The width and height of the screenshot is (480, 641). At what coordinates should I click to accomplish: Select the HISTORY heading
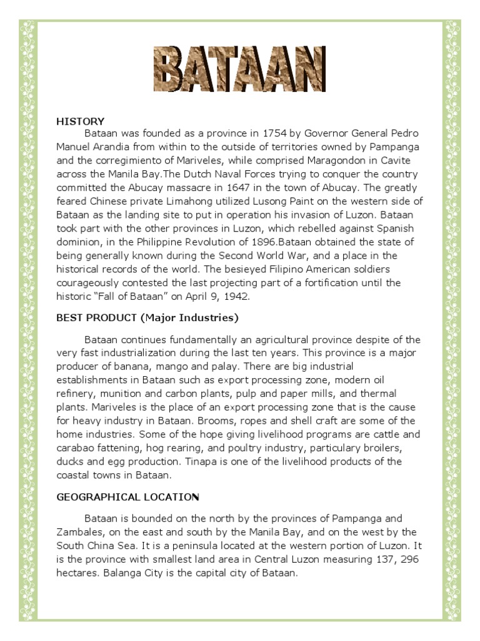[81, 121]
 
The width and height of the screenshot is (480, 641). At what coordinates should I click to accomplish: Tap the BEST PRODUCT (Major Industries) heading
[147, 317]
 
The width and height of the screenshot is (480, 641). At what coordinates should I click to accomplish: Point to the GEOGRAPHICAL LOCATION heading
[127, 496]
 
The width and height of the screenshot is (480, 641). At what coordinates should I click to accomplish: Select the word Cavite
[402, 160]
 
